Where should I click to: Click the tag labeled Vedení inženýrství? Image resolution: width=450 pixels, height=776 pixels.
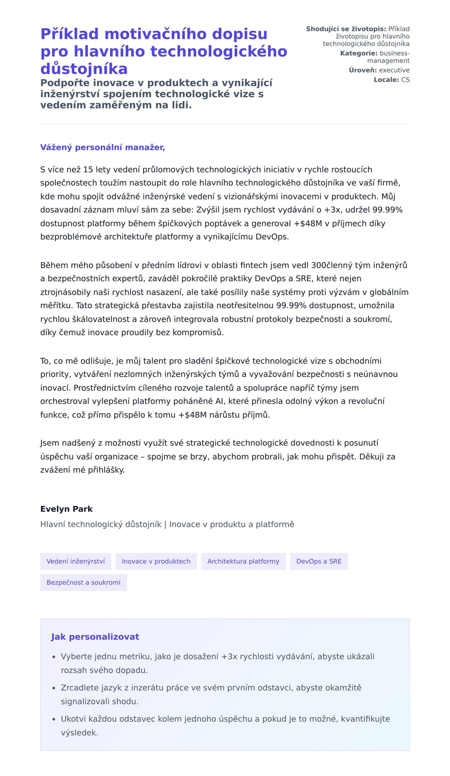(x=76, y=561)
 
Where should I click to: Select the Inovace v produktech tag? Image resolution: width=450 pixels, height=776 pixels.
(x=156, y=561)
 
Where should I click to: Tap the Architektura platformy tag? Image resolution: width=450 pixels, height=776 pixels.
(x=243, y=561)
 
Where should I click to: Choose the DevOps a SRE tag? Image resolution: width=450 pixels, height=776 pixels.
(x=319, y=561)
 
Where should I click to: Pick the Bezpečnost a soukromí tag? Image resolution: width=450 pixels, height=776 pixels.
(x=84, y=582)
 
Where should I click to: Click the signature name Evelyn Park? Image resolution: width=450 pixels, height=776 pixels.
(x=66, y=509)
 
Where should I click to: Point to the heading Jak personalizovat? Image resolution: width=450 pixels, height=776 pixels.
(x=95, y=637)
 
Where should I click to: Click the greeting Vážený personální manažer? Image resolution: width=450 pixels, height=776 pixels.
(x=102, y=147)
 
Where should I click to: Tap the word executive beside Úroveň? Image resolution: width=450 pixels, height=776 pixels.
(x=394, y=70)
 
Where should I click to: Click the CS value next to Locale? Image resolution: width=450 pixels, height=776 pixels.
(x=405, y=79)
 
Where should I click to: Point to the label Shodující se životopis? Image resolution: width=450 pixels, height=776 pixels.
(x=346, y=29)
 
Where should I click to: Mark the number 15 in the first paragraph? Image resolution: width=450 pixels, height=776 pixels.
(x=88, y=170)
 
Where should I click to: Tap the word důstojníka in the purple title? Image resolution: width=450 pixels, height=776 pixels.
(x=84, y=69)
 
